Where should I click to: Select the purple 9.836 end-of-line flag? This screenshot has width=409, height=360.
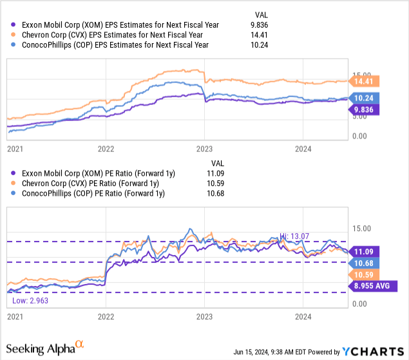pos(368,110)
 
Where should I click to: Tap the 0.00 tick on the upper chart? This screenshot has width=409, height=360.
pos(361,136)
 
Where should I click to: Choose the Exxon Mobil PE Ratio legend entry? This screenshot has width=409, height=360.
pos(97,173)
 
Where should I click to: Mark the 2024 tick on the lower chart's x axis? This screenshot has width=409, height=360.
pos(303,317)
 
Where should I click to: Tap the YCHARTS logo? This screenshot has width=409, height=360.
pos(371,352)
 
